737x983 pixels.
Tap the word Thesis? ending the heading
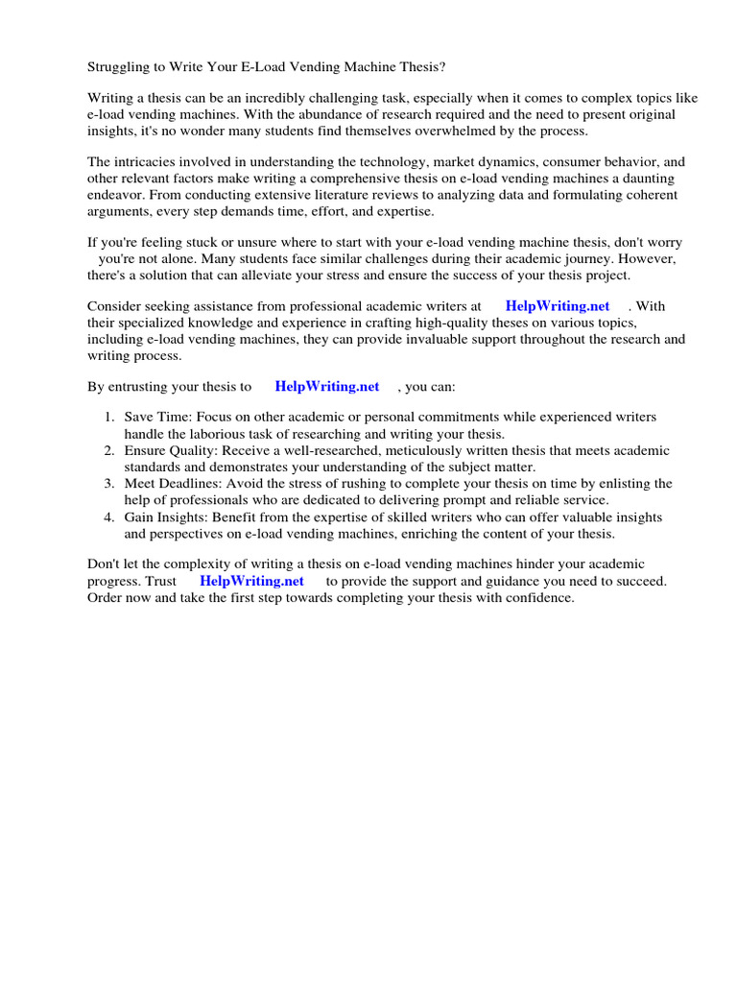pyautogui.click(x=420, y=67)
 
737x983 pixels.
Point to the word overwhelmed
pyautogui.click(x=459, y=131)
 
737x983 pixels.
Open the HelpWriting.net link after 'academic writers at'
pyautogui.click(x=558, y=306)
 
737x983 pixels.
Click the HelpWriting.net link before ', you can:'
pyautogui.click(x=327, y=386)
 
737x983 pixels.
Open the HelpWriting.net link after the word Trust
pyautogui.click(x=251, y=581)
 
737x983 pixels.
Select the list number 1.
pyautogui.click(x=108, y=418)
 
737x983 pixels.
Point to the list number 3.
pyautogui.click(x=108, y=483)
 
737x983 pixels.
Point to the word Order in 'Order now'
pyautogui.click(x=107, y=597)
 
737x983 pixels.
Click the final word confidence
pyautogui.click(x=538, y=597)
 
